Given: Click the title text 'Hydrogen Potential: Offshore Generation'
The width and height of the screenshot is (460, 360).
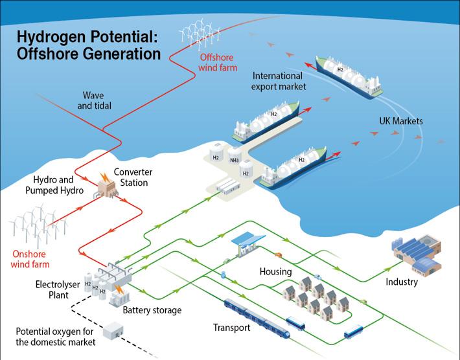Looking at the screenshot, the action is (x=89, y=44).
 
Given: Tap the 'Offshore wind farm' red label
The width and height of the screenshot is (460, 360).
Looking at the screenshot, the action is (x=218, y=62).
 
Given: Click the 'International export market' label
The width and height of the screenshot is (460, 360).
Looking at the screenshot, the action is (x=279, y=80).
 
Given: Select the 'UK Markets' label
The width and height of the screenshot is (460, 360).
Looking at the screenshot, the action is (x=401, y=121).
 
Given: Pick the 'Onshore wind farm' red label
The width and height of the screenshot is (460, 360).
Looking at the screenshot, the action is (x=30, y=258).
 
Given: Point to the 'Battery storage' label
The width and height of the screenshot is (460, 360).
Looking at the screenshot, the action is (x=152, y=310).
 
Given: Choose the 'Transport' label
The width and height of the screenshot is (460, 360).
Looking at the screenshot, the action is (x=231, y=328).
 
